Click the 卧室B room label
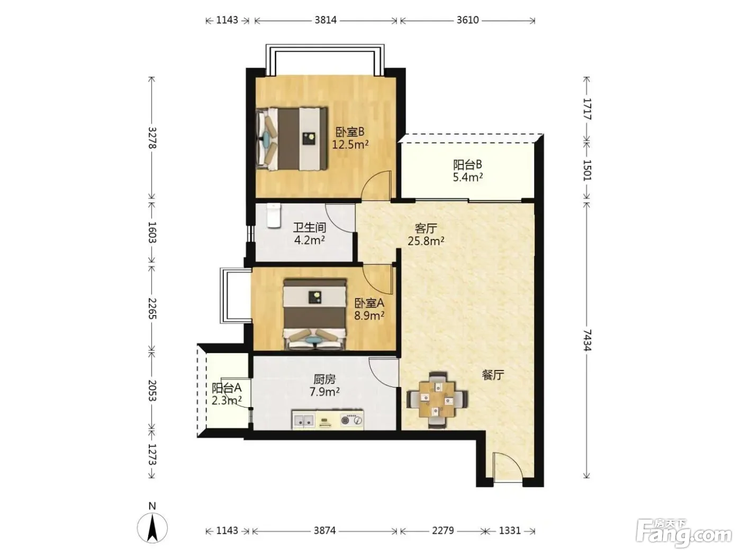(x=349, y=132)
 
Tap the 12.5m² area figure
(x=350, y=144)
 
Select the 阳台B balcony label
(x=467, y=165)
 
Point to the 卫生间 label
(x=309, y=228)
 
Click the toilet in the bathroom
(x=274, y=216)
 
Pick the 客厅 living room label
(x=426, y=228)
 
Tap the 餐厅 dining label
(x=493, y=374)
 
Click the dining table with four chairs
(x=438, y=400)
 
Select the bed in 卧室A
(x=315, y=314)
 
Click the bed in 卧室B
(x=292, y=138)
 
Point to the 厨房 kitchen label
(x=324, y=380)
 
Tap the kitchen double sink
(x=304, y=420)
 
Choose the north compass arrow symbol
(x=152, y=528)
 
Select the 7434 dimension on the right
(x=587, y=340)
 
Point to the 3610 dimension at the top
(x=467, y=20)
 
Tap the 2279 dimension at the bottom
(x=443, y=531)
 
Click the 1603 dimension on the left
(x=152, y=232)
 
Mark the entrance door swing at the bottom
(x=508, y=467)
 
